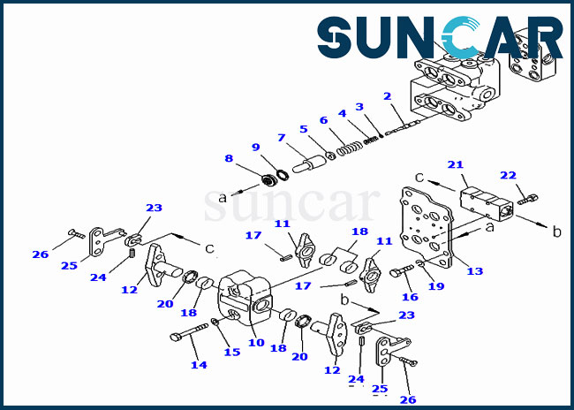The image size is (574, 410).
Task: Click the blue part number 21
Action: click(x=456, y=165)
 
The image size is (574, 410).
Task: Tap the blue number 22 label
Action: click(x=508, y=176)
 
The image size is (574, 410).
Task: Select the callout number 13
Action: click(x=475, y=271)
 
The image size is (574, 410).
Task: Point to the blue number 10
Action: click(x=256, y=343)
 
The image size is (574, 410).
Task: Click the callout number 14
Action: click(x=199, y=365)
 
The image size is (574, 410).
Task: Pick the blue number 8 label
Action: click(x=229, y=158)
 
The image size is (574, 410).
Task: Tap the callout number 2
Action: click(x=388, y=96)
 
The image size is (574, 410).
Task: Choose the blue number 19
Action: click(x=436, y=286)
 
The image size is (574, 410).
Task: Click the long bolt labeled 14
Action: click(x=189, y=331)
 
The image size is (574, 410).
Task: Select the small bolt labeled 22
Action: click(x=527, y=200)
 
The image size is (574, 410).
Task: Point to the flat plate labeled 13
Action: click(x=427, y=227)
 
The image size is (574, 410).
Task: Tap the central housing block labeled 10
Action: click(x=245, y=298)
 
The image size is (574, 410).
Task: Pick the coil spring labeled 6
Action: click(x=349, y=148)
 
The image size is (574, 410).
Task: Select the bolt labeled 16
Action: click(x=402, y=271)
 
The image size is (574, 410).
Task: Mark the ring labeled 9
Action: click(x=283, y=174)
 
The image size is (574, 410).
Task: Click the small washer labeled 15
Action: click(x=215, y=322)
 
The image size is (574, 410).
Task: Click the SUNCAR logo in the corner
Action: click(x=440, y=37)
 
